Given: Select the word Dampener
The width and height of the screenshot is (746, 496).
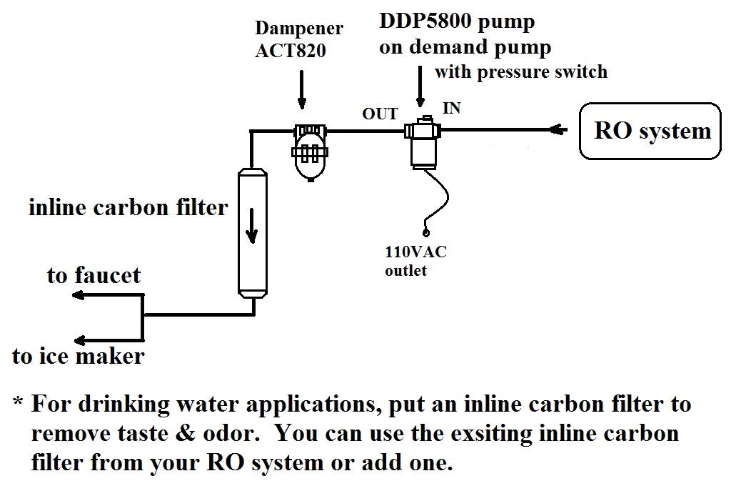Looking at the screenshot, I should coord(299,30).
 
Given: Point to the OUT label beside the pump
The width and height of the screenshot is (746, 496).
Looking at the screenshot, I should coord(379,114).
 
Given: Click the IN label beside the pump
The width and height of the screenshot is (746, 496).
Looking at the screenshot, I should coord(452,108).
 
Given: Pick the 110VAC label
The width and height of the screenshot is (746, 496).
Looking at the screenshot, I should coord(415,252).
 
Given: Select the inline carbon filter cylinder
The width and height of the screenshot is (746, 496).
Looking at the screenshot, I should coord(252,232).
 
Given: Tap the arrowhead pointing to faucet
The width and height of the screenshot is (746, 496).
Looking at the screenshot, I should coord(76,297).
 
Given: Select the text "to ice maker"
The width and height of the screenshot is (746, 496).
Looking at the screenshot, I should coord(78,356).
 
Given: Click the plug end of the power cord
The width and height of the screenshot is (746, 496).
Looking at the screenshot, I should coord(426,232).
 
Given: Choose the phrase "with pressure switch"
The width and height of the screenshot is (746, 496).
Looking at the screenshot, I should coord(521,71).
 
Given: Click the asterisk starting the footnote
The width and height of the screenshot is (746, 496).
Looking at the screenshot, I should coord(19,405).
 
